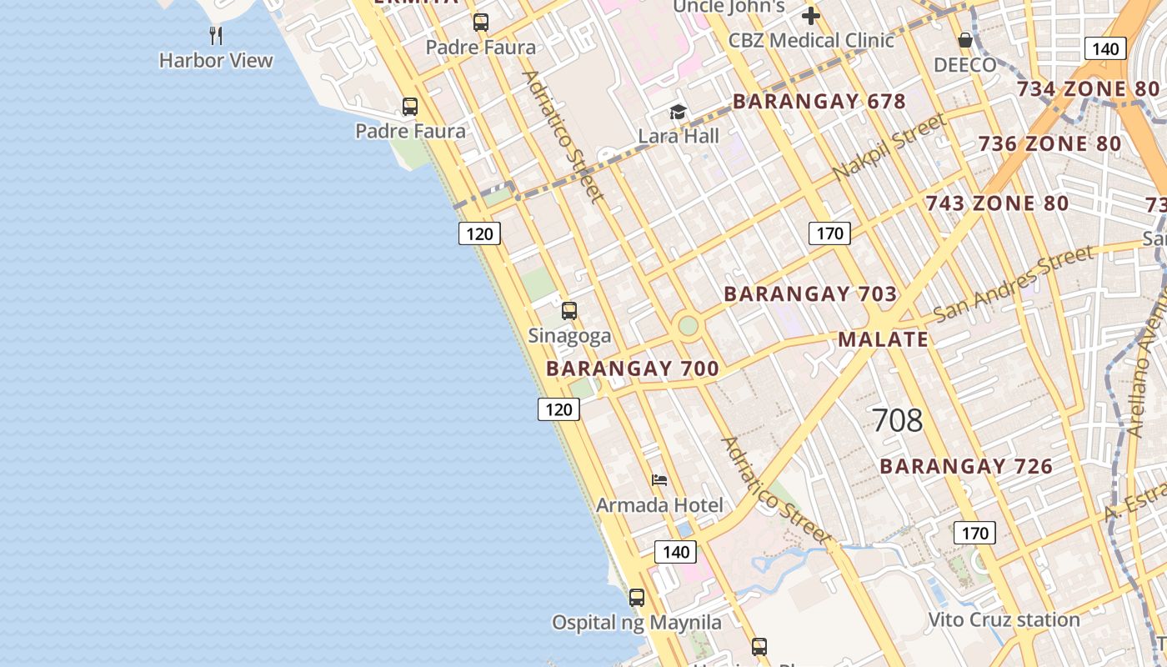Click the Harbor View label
216,60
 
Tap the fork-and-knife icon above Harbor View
216,35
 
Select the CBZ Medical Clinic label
811,40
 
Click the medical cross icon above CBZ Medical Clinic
811,16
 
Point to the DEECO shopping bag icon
965,40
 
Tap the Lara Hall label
679,136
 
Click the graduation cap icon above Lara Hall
679,112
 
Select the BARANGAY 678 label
819,102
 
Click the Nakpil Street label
889,147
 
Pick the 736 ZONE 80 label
1049,143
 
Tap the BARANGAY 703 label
810,293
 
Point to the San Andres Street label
1014,284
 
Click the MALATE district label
883,339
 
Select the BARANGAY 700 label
632,369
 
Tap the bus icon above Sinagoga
569,311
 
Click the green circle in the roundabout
688,325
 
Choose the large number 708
897,420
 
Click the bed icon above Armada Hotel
659,480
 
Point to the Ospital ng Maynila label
637,622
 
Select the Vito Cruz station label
1004,619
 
